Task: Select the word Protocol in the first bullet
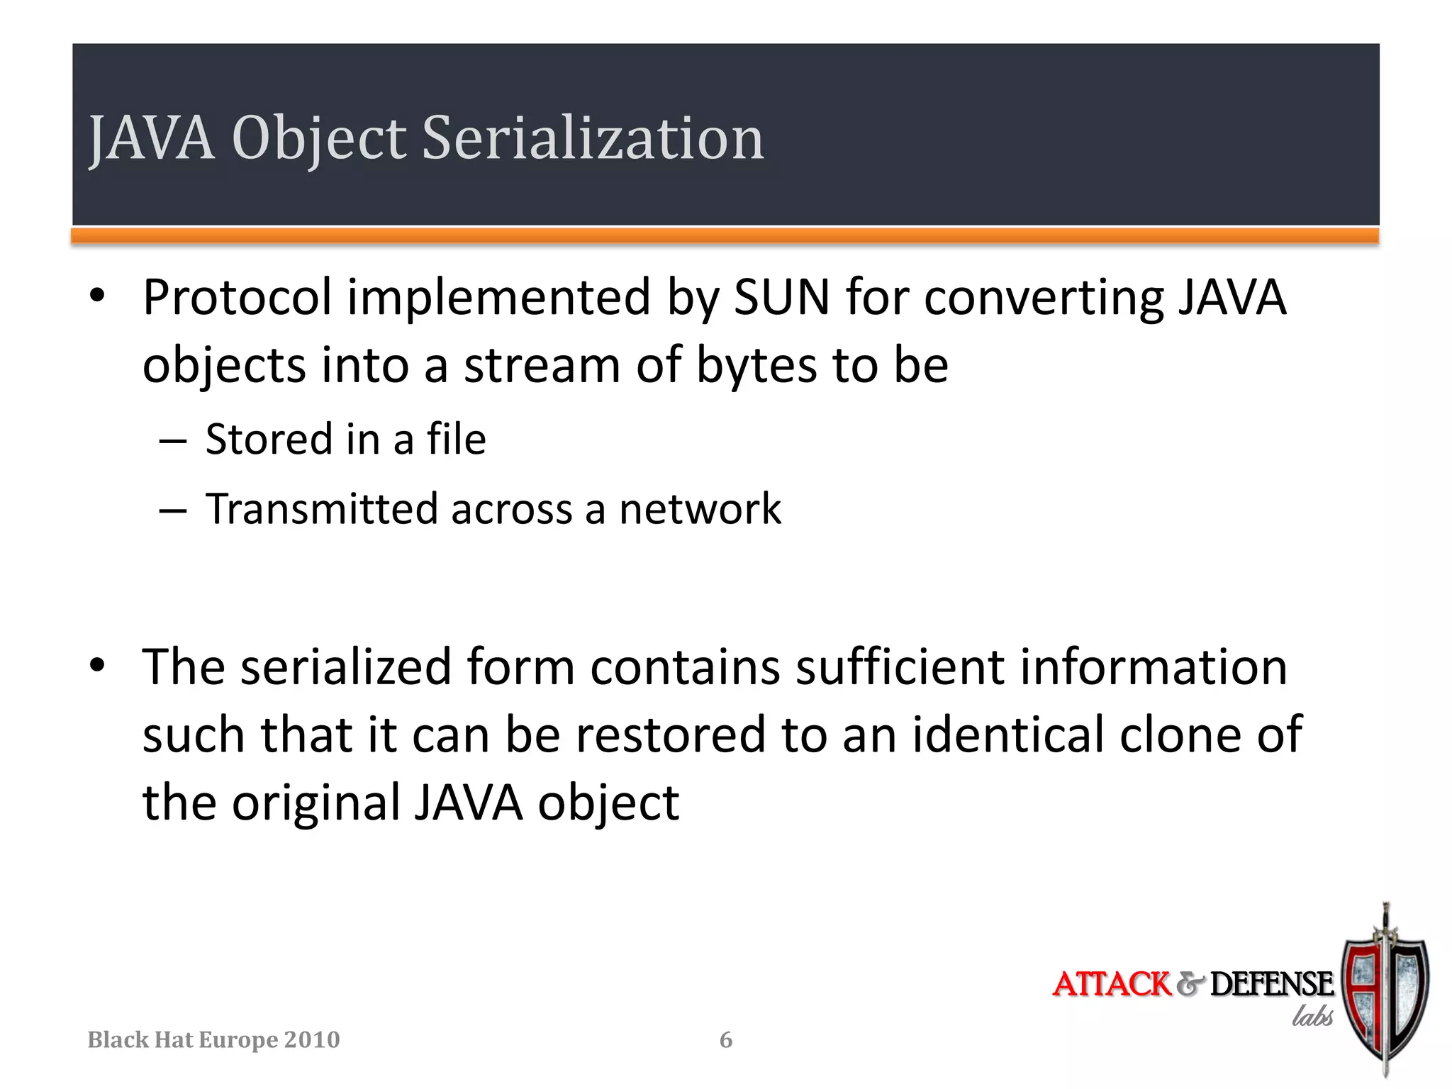tap(237, 298)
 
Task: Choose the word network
tap(700, 509)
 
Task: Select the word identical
tap(1007, 735)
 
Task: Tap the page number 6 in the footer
tap(726, 1040)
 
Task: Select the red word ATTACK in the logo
tap(1111, 985)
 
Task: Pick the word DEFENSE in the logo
tap(1271, 985)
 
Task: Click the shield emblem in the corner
tap(1385, 993)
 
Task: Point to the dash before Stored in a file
tap(173, 441)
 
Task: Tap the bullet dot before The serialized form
tap(97, 666)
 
